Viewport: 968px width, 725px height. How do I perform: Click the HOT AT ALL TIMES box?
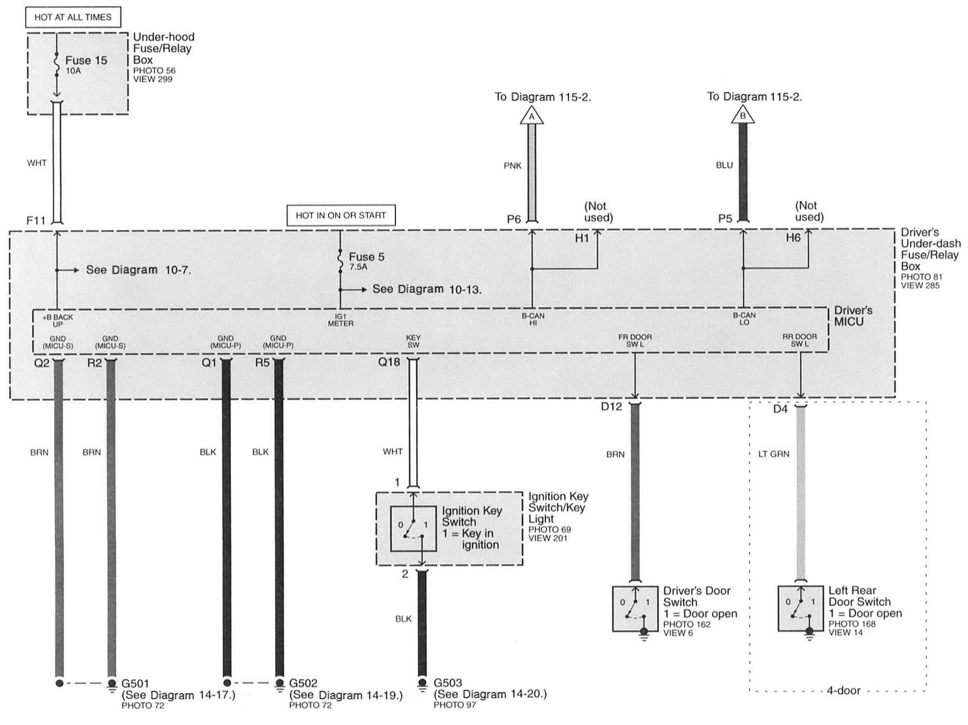(72, 17)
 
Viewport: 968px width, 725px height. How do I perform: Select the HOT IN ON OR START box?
(341, 216)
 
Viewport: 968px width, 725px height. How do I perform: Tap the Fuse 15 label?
(86, 60)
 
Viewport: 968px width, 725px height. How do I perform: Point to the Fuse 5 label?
(366, 257)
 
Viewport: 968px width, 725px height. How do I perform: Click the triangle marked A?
(532, 116)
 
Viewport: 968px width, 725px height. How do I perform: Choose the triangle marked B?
(743, 116)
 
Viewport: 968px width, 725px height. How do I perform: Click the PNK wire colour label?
(512, 166)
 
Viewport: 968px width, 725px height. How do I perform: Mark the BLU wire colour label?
(724, 166)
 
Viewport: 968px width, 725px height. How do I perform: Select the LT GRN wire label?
(774, 454)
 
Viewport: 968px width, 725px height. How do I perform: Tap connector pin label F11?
(36, 220)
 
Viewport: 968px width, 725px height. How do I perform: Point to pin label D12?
(611, 407)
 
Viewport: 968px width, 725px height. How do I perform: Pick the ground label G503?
(448, 683)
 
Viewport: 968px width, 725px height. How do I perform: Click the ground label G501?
(135, 683)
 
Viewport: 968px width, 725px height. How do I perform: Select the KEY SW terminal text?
(413, 341)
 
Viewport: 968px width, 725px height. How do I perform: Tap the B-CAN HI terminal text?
(533, 319)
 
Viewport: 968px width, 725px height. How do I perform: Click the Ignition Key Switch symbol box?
(413, 528)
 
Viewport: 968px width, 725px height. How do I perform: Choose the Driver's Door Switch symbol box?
(635, 608)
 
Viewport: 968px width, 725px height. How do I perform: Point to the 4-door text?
(843, 691)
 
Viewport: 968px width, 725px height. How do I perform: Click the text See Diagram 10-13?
(427, 289)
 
